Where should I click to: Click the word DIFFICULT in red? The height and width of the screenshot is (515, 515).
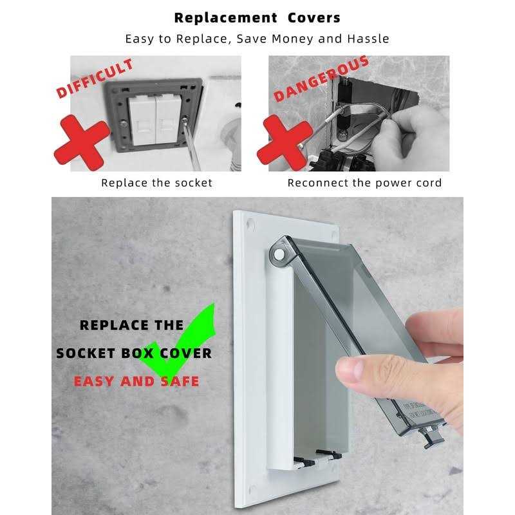tap(95, 79)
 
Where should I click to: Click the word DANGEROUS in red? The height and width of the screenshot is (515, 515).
tap(321, 79)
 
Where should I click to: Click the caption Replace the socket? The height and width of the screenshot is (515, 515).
tap(156, 183)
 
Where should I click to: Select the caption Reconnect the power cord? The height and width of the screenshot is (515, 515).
tap(364, 183)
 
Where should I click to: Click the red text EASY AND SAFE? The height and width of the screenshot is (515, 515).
tap(136, 381)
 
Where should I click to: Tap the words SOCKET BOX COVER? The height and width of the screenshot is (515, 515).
tap(134, 353)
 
